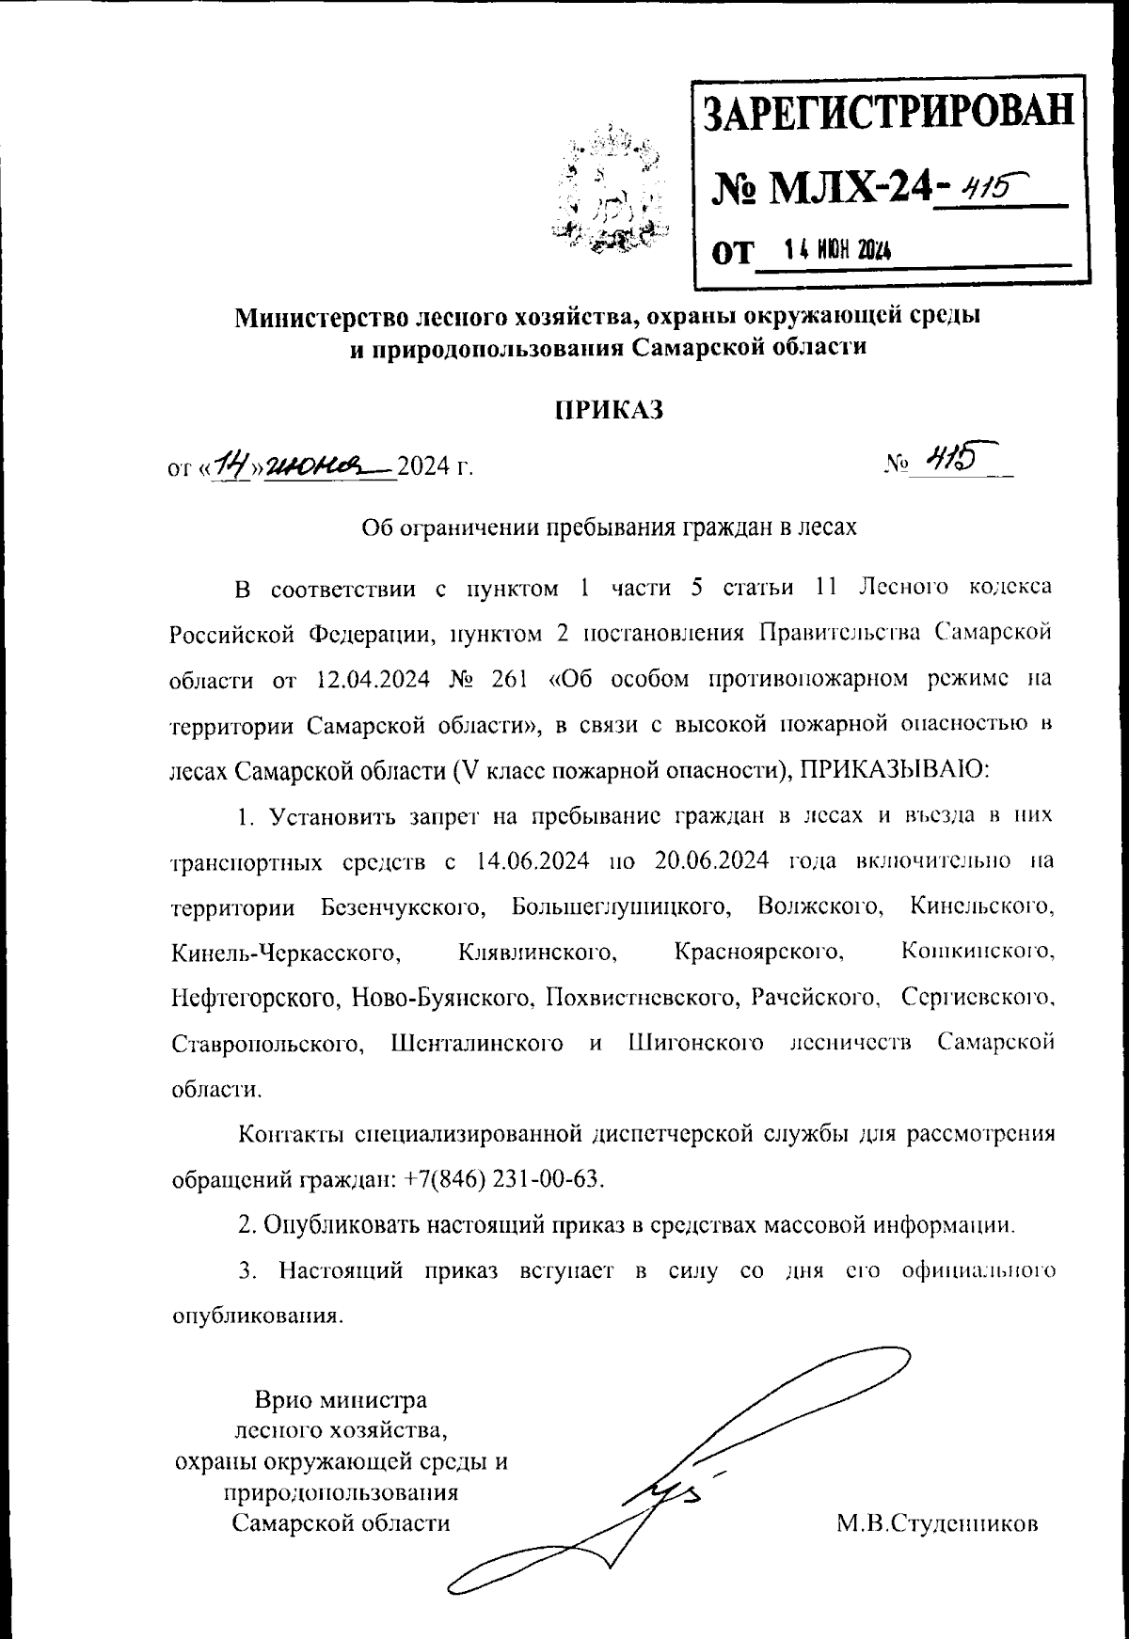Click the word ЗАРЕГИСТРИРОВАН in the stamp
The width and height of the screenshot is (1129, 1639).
click(889, 111)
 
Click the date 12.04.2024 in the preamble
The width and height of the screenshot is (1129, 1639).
click(362, 679)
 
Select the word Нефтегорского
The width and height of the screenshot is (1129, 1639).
click(254, 999)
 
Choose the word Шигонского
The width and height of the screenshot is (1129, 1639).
click(694, 1044)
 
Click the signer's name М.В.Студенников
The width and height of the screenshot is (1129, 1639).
click(937, 1522)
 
